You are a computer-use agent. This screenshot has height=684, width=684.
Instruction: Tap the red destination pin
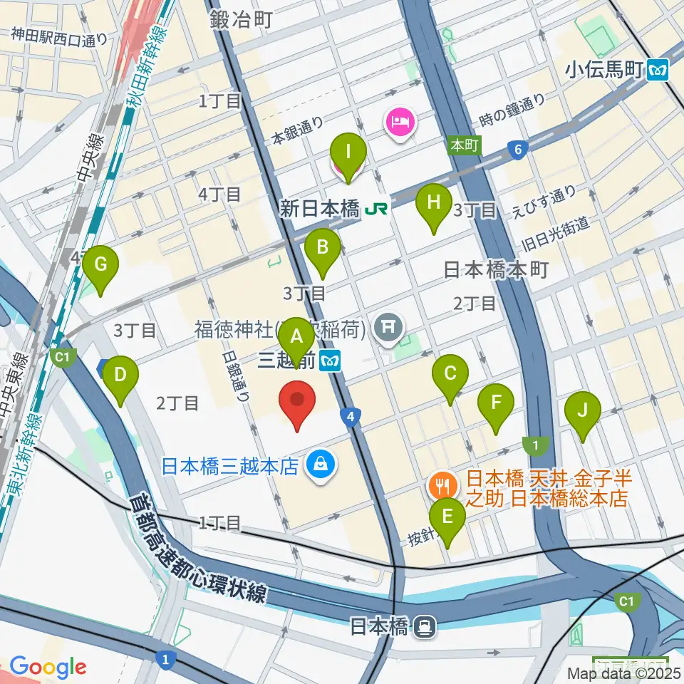tap(299, 403)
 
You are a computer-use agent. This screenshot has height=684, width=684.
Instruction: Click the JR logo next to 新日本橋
tap(378, 209)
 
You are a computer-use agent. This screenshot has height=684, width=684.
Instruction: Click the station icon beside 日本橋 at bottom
tap(425, 626)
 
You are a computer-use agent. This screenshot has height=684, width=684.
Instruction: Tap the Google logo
tap(48, 667)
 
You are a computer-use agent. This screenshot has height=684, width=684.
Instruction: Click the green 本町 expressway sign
tap(464, 145)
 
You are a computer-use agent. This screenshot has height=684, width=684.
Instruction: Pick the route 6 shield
tap(517, 149)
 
